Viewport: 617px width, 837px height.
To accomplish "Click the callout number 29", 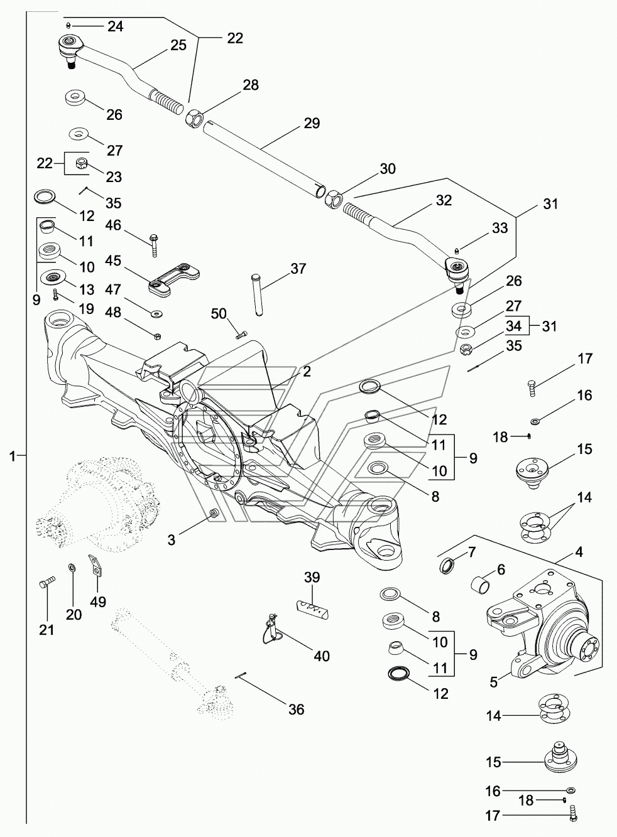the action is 312,123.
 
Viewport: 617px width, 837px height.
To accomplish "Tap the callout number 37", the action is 298,269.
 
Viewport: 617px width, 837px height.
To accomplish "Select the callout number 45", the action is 113,261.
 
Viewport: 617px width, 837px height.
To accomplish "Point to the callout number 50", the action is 219,313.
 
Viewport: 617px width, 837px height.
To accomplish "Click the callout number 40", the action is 321,656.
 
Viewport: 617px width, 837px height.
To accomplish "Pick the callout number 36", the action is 297,709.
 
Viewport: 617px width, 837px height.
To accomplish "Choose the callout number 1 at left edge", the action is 13,456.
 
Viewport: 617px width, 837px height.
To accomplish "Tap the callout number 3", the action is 172,539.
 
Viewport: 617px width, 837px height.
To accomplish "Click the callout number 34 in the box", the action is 514,326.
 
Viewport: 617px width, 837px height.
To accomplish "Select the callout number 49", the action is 98,602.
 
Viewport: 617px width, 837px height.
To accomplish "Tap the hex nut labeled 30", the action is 334,198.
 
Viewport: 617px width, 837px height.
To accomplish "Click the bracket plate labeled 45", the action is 174,279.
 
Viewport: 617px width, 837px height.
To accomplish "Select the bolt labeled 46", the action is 154,245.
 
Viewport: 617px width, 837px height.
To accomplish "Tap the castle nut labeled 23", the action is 81,163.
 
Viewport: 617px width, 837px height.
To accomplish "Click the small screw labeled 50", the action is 241,335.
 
